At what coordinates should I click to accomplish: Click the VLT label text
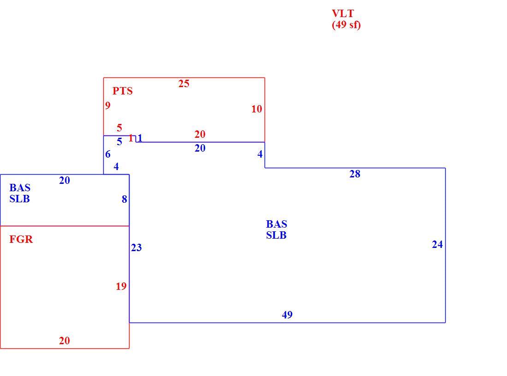(x=343, y=13)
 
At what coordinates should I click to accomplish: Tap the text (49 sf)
(x=346, y=25)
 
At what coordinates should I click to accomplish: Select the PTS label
(x=123, y=91)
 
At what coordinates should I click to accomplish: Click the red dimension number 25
(x=183, y=84)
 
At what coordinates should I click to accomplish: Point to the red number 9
(x=108, y=105)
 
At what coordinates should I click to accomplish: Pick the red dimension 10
(x=257, y=109)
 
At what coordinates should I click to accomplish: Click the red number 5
(x=119, y=128)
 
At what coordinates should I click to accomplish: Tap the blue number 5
(x=119, y=141)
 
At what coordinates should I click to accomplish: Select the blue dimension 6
(x=108, y=154)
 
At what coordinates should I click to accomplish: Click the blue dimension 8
(x=124, y=199)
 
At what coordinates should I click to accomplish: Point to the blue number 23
(x=136, y=247)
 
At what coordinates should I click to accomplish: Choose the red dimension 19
(x=121, y=287)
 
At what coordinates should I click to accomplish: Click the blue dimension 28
(x=355, y=174)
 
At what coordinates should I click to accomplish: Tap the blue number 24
(x=437, y=244)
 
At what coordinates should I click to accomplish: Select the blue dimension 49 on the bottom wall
(x=287, y=315)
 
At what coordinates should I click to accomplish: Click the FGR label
(x=21, y=239)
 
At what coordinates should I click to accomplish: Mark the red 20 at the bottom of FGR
(x=65, y=341)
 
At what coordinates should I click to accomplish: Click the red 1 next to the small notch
(x=130, y=138)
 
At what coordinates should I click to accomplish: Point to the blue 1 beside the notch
(x=140, y=138)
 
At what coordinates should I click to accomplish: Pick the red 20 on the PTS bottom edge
(x=200, y=134)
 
